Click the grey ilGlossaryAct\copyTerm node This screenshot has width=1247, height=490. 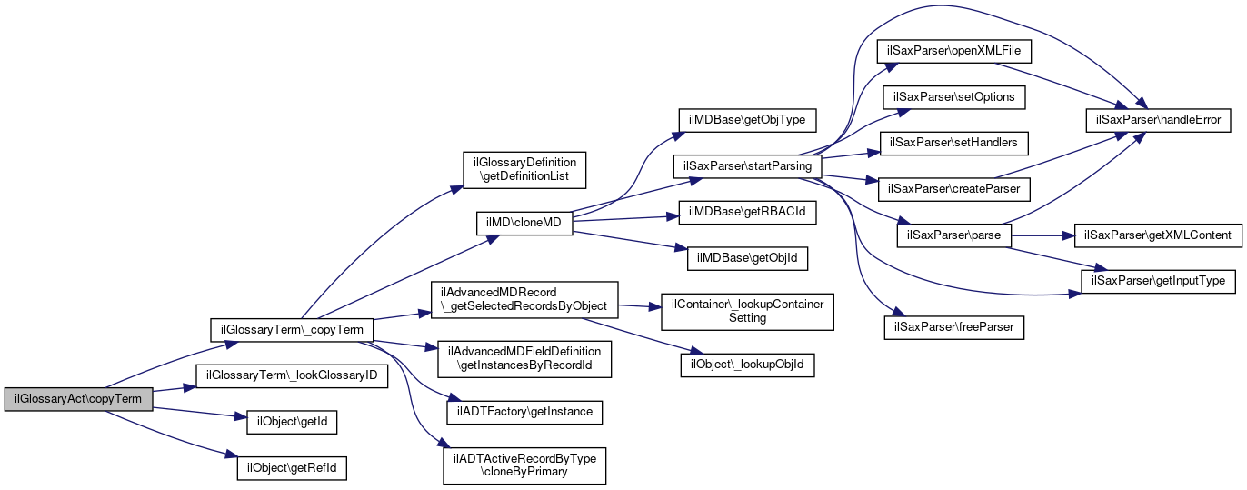tap(78, 399)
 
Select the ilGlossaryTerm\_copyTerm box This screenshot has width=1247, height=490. tap(292, 330)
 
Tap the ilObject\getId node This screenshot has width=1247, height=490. tap(292, 422)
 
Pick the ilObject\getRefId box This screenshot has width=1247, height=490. tap(292, 468)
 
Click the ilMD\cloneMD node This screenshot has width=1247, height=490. tap(524, 223)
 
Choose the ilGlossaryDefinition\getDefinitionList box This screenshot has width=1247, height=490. tap(524, 170)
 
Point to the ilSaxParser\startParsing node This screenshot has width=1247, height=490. tap(747, 166)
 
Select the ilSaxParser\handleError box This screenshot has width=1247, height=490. tap(1158, 120)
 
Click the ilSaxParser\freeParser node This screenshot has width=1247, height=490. tap(953, 327)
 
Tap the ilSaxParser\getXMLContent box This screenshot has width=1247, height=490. tap(1157, 235)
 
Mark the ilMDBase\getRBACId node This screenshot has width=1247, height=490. tap(747, 213)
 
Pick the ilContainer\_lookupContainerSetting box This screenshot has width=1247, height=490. tap(747, 312)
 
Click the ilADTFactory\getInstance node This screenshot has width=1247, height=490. tap(524, 412)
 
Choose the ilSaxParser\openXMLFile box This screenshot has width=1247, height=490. tap(953, 51)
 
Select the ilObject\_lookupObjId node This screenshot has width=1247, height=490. tap(747, 365)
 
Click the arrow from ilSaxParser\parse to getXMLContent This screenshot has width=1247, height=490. tap(1042, 235)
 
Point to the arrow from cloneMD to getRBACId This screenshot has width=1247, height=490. tap(625, 218)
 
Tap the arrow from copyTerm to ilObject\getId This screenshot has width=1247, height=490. tap(200, 413)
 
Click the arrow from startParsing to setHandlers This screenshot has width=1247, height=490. tap(851, 155)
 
